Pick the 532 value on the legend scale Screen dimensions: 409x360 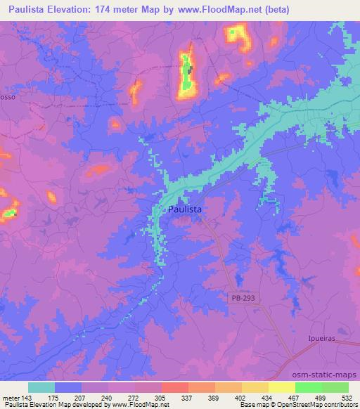point(347,396)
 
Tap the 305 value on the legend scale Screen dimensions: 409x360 point(160,396)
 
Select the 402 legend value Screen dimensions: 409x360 point(241,396)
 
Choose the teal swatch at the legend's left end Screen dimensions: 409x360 point(41,387)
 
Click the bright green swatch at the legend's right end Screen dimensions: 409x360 point(335,387)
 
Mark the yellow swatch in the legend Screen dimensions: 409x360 point(281,387)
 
